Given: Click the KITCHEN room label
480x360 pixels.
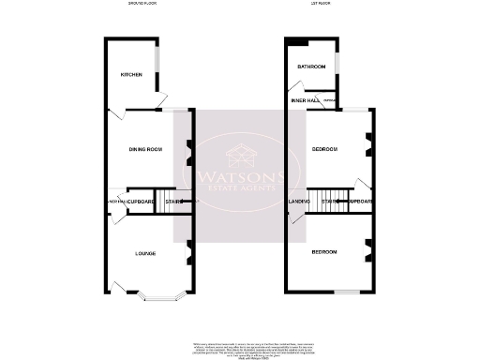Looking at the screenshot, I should (x=130, y=75).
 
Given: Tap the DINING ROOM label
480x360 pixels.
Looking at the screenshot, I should (x=146, y=149).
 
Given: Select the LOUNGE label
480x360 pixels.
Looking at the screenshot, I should (x=145, y=253).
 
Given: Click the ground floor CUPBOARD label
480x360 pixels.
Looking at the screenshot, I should (x=142, y=202).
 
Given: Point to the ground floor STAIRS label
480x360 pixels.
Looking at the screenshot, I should (x=172, y=202).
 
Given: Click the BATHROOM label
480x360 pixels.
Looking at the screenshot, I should (x=311, y=67).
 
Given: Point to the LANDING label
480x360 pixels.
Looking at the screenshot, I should (x=299, y=202).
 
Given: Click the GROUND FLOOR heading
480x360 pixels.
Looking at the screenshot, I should (x=143, y=5).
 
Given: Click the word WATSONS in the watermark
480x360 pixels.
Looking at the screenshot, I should (x=240, y=175).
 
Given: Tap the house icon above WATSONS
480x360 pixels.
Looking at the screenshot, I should (x=240, y=153).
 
